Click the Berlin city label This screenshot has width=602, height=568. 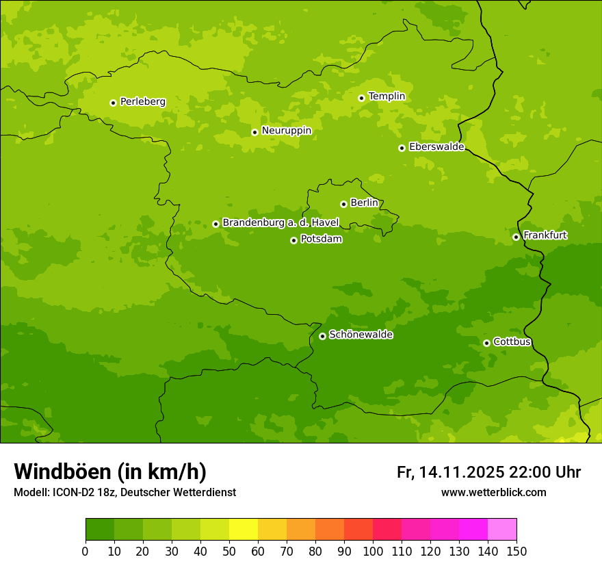[x=364, y=203]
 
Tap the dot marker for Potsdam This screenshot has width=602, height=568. [x=293, y=240]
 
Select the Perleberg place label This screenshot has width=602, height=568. [x=142, y=102]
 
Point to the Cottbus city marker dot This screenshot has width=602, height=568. [x=486, y=343]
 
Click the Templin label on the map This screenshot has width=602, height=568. [x=387, y=96]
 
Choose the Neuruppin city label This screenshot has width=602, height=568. [x=286, y=131]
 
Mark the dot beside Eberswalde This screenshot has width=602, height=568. [x=402, y=148]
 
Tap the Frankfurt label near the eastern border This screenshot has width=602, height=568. [x=545, y=235]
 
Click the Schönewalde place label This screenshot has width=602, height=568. [x=361, y=335]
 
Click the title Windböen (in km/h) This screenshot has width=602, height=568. [x=110, y=472]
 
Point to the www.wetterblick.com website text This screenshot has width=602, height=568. [x=493, y=492]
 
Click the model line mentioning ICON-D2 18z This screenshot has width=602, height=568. [x=125, y=492]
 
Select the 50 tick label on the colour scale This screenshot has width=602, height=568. [x=229, y=552]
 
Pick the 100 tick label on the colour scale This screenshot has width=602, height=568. [x=373, y=552]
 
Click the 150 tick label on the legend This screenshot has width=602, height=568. [x=516, y=552]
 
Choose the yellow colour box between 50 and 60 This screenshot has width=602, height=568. [x=244, y=530]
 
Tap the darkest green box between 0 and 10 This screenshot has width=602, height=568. [x=100, y=530]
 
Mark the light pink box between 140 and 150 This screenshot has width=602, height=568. [x=502, y=530]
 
